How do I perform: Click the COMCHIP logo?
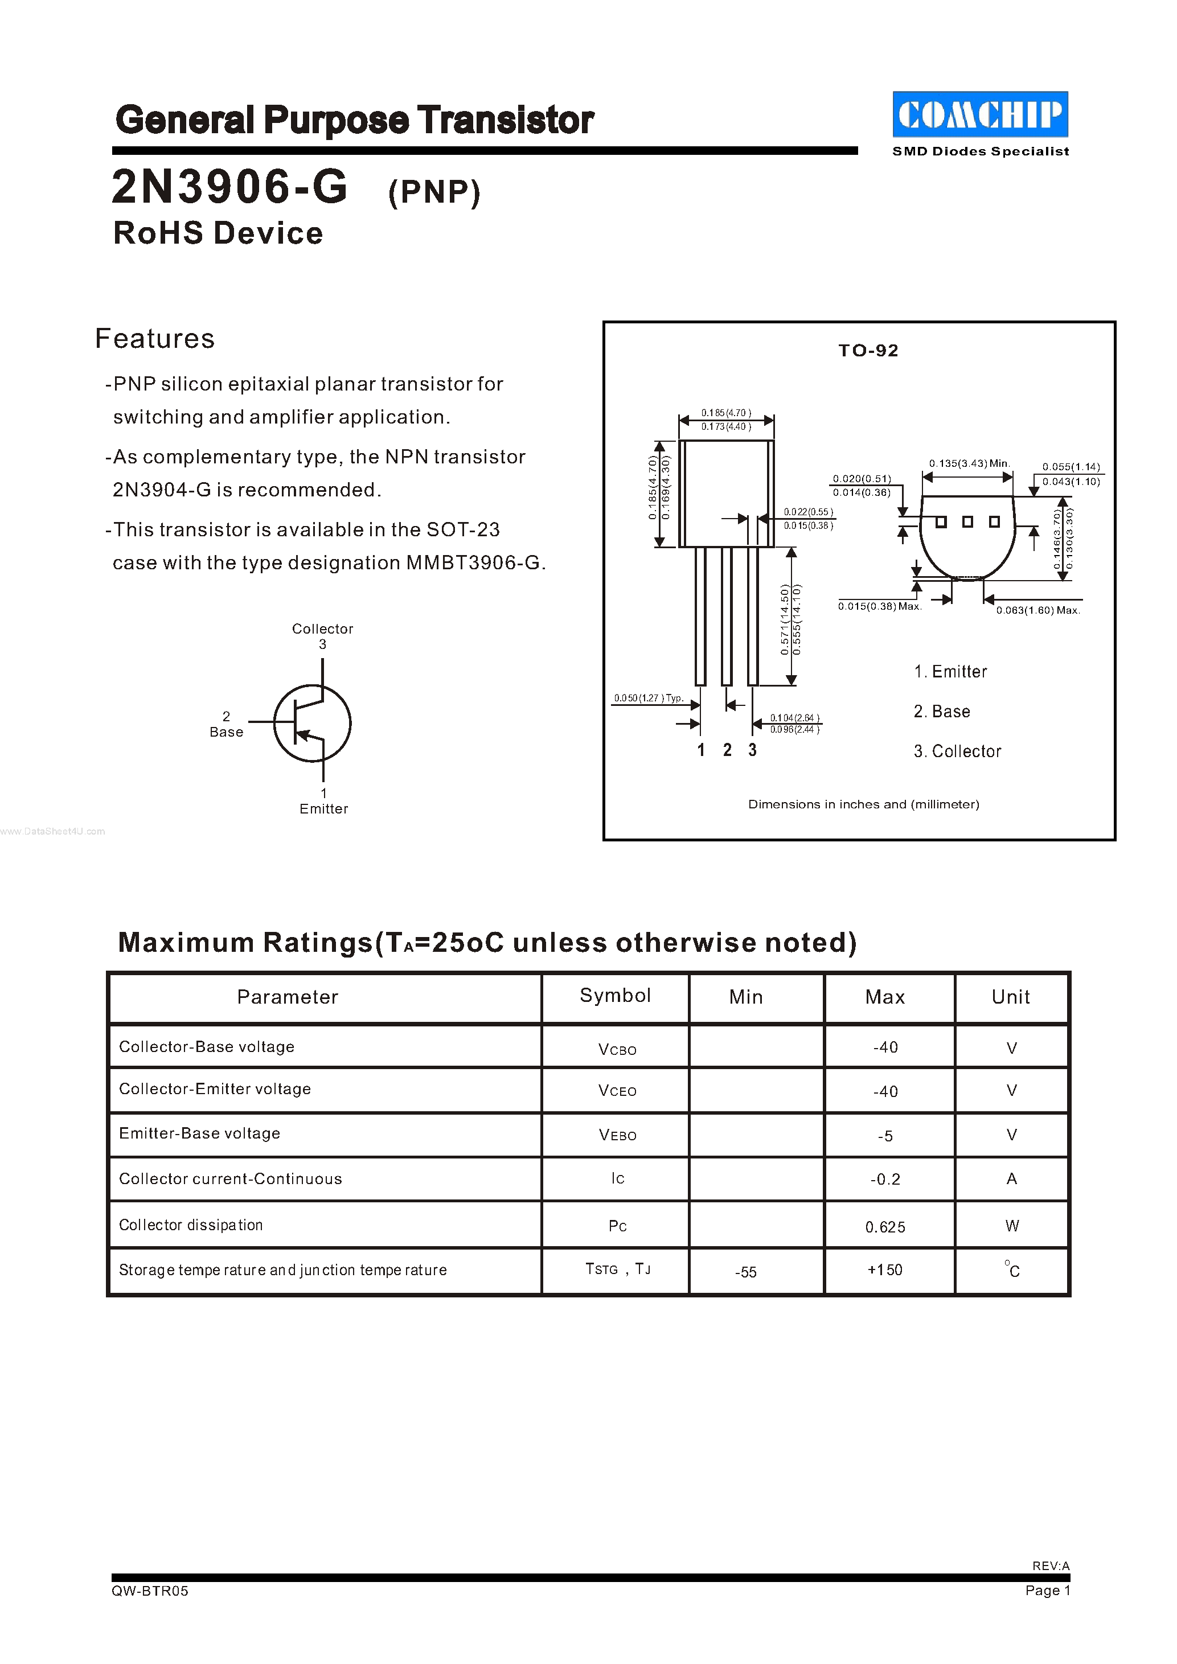tap(980, 114)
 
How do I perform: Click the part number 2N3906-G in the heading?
tap(229, 187)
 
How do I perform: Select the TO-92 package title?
tap(868, 351)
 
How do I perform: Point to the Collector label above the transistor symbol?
tap(322, 629)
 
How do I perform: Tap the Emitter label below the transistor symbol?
tap(324, 809)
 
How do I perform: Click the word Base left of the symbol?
tap(226, 732)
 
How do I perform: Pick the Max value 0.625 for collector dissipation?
tap(885, 1227)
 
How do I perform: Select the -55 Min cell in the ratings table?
tap(746, 1272)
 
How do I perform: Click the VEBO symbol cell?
tap(617, 1135)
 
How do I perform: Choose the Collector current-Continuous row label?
tap(231, 1179)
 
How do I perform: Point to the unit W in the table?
tap(1012, 1226)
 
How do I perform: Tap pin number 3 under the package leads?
tap(752, 750)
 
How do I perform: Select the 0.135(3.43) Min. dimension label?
tap(969, 463)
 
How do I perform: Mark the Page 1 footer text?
tap(1047, 1590)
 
